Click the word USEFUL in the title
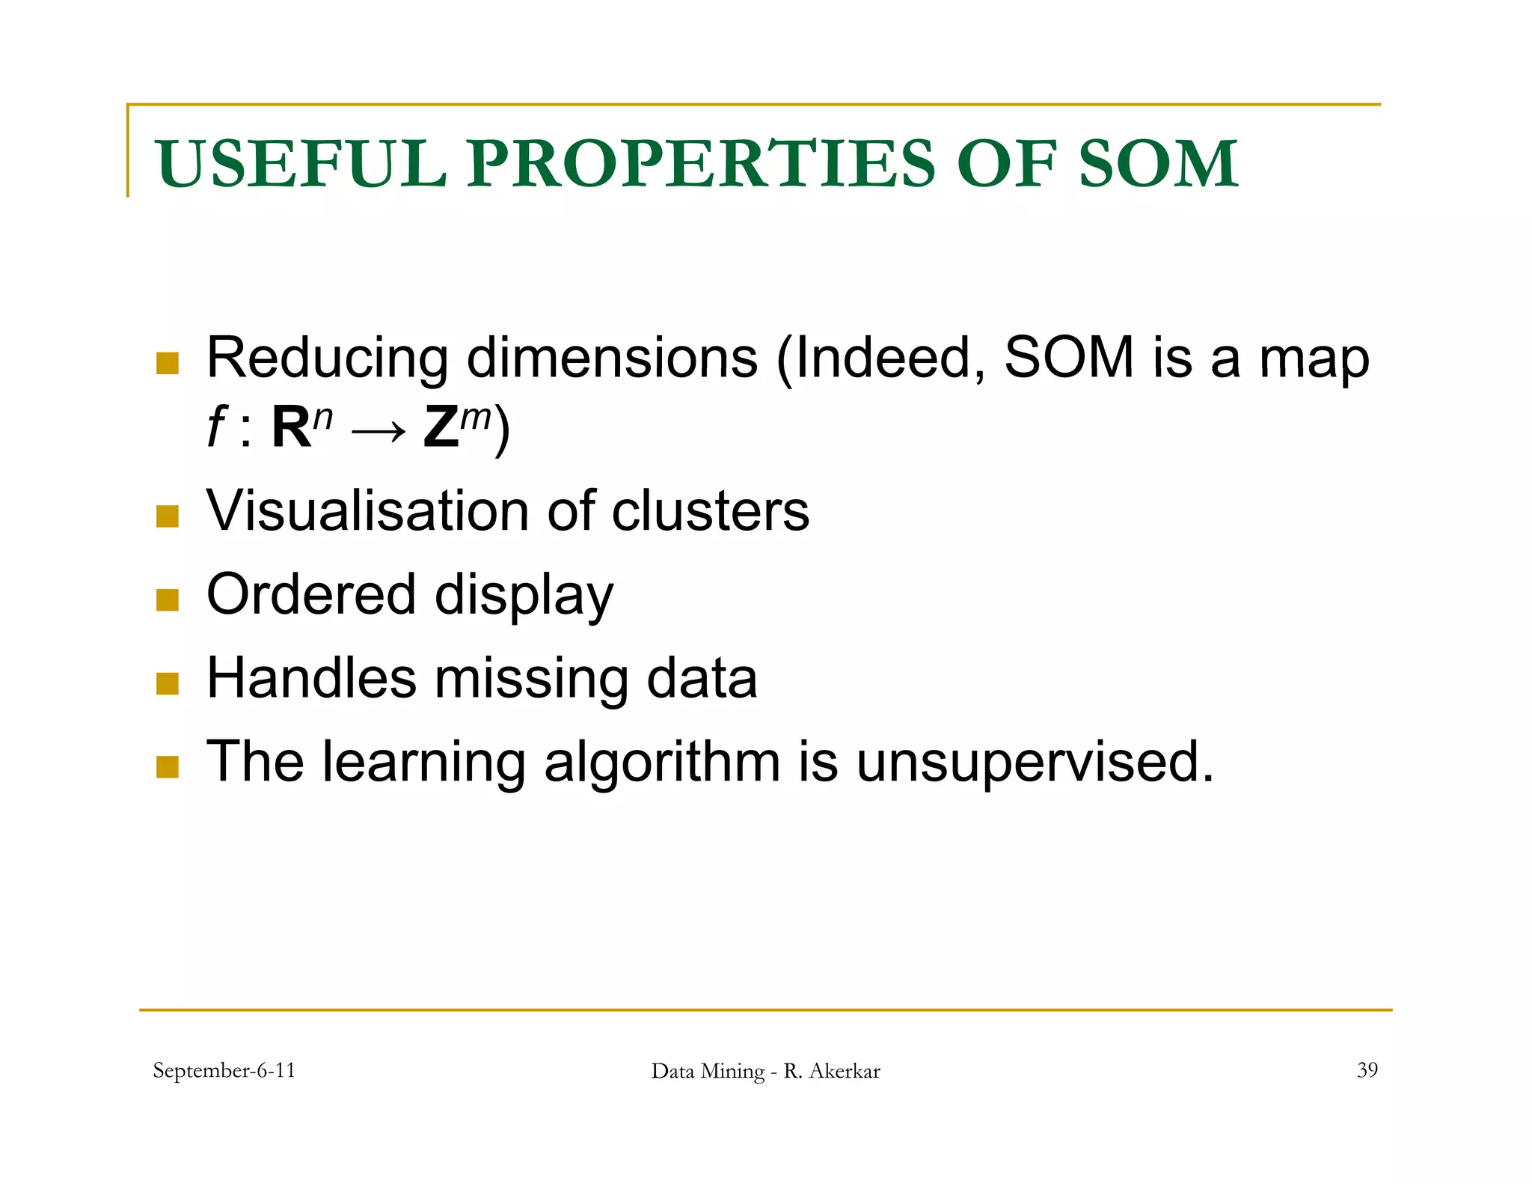300,164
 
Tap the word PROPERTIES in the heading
701,164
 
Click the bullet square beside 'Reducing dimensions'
168,363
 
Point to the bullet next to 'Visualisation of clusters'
168,516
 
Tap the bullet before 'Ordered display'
168,599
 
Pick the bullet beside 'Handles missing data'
168,683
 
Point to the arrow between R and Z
379,432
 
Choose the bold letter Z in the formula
441,428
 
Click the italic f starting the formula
216,428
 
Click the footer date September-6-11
224,1070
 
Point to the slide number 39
1367,1069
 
